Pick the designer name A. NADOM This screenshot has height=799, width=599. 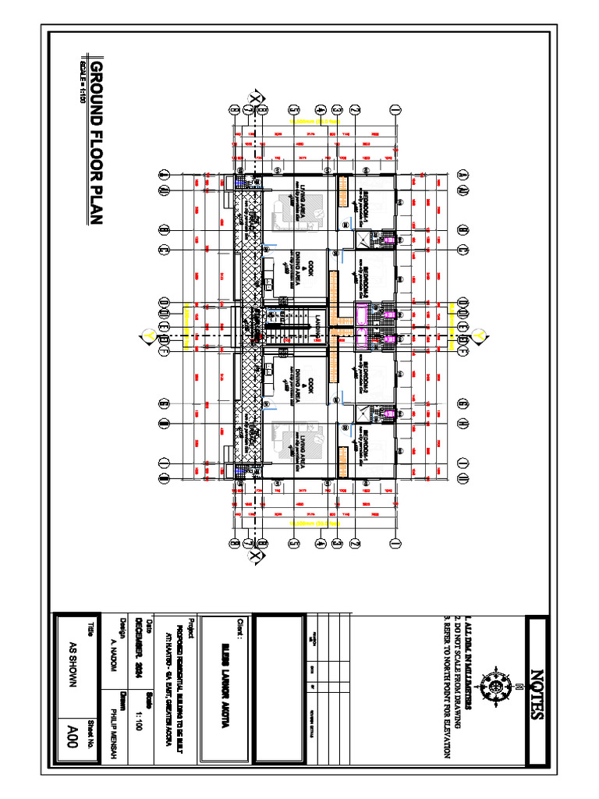(x=108, y=648)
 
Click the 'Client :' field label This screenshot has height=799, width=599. (x=241, y=634)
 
